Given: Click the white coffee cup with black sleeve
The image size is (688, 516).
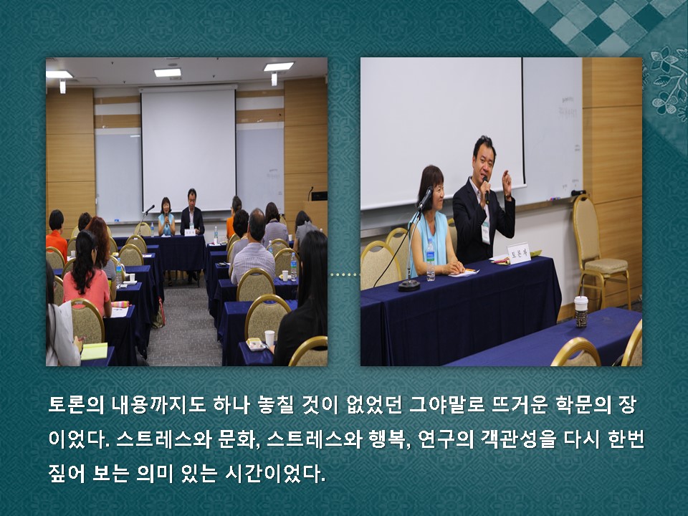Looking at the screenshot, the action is point(581,312).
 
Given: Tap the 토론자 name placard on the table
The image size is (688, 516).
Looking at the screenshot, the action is point(519,254).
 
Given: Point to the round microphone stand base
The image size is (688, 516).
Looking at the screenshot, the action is point(409,286).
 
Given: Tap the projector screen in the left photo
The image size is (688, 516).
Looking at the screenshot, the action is point(188,149).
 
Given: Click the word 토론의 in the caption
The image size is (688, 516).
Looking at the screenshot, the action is point(77,404).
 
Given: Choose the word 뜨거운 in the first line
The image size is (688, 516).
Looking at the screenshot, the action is point(520,404).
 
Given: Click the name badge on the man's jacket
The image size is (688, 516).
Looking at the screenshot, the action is point(485,233).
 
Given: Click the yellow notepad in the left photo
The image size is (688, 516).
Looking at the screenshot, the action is point(95,351).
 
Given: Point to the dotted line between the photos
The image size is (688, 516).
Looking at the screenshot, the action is point(345,274).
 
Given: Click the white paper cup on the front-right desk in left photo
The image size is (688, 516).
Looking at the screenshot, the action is point(269,338).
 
